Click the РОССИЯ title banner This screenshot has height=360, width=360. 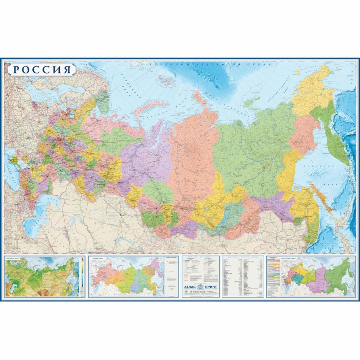pos(42,69)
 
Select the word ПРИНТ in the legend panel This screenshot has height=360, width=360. pos(212,286)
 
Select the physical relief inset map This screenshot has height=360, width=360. pos(42,276)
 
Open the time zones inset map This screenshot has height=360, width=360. pos(126,276)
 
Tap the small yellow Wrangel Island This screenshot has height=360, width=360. pos(298,73)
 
